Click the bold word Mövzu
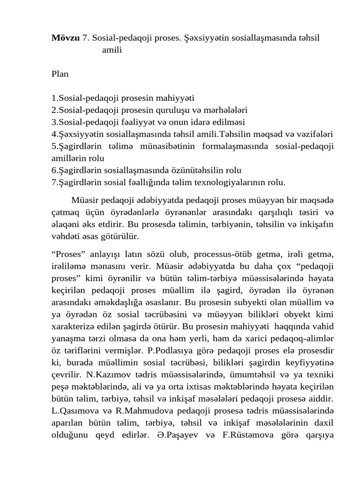(65, 38)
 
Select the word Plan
(60, 74)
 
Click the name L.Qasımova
(73, 412)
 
